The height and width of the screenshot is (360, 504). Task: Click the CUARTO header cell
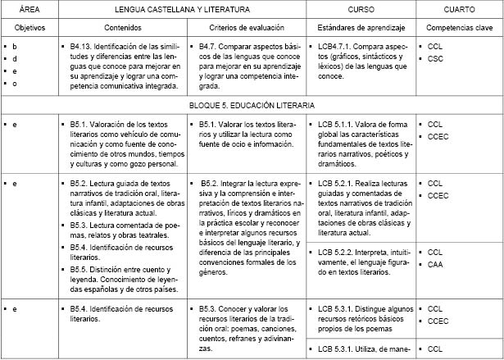[459, 9]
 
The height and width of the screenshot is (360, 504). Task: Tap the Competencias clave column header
[459, 26]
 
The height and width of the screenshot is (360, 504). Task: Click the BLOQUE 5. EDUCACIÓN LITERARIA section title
[252, 106]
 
